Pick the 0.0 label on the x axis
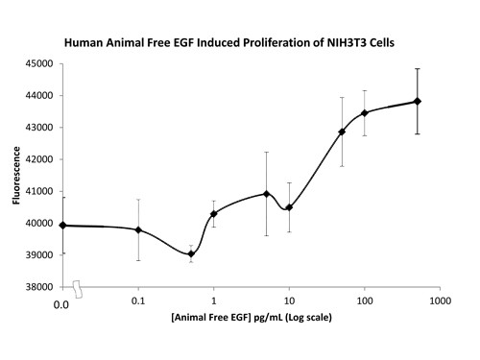pyautogui.click(x=61, y=303)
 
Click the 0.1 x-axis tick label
pyautogui.click(x=138, y=303)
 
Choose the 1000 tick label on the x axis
pyautogui.click(x=442, y=303)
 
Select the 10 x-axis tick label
pyautogui.click(x=289, y=303)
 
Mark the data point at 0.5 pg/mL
pyautogui.click(x=191, y=254)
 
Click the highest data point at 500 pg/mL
pyautogui.click(x=418, y=101)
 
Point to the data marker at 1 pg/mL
pyautogui.click(x=214, y=213)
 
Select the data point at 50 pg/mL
pyautogui.click(x=342, y=132)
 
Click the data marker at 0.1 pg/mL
pyautogui.click(x=138, y=229)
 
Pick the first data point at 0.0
pyautogui.click(x=63, y=226)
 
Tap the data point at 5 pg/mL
pyautogui.click(x=266, y=194)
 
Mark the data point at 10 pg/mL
pyautogui.click(x=289, y=207)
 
